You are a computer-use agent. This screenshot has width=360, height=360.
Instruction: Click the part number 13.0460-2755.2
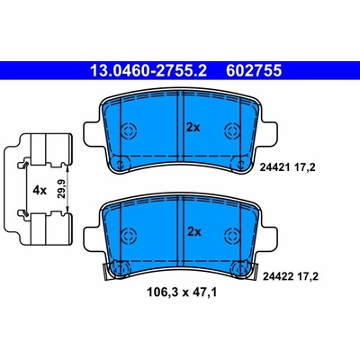click(x=148, y=71)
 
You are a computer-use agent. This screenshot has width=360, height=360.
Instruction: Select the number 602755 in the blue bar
click(x=254, y=71)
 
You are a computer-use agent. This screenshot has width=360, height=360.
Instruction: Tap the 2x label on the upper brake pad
click(x=193, y=128)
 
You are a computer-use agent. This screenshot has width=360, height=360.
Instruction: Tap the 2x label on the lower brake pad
click(x=194, y=232)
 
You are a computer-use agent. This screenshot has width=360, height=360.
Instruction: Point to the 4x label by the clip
click(x=40, y=190)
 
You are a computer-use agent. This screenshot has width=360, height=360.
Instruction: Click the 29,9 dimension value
click(x=61, y=190)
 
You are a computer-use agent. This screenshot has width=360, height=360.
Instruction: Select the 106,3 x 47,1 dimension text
click(x=182, y=292)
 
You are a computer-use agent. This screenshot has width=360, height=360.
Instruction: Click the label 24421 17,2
click(x=287, y=167)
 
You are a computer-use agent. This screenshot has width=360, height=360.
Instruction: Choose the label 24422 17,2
click(x=290, y=276)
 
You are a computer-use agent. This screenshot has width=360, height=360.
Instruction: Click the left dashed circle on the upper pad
click(x=129, y=130)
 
